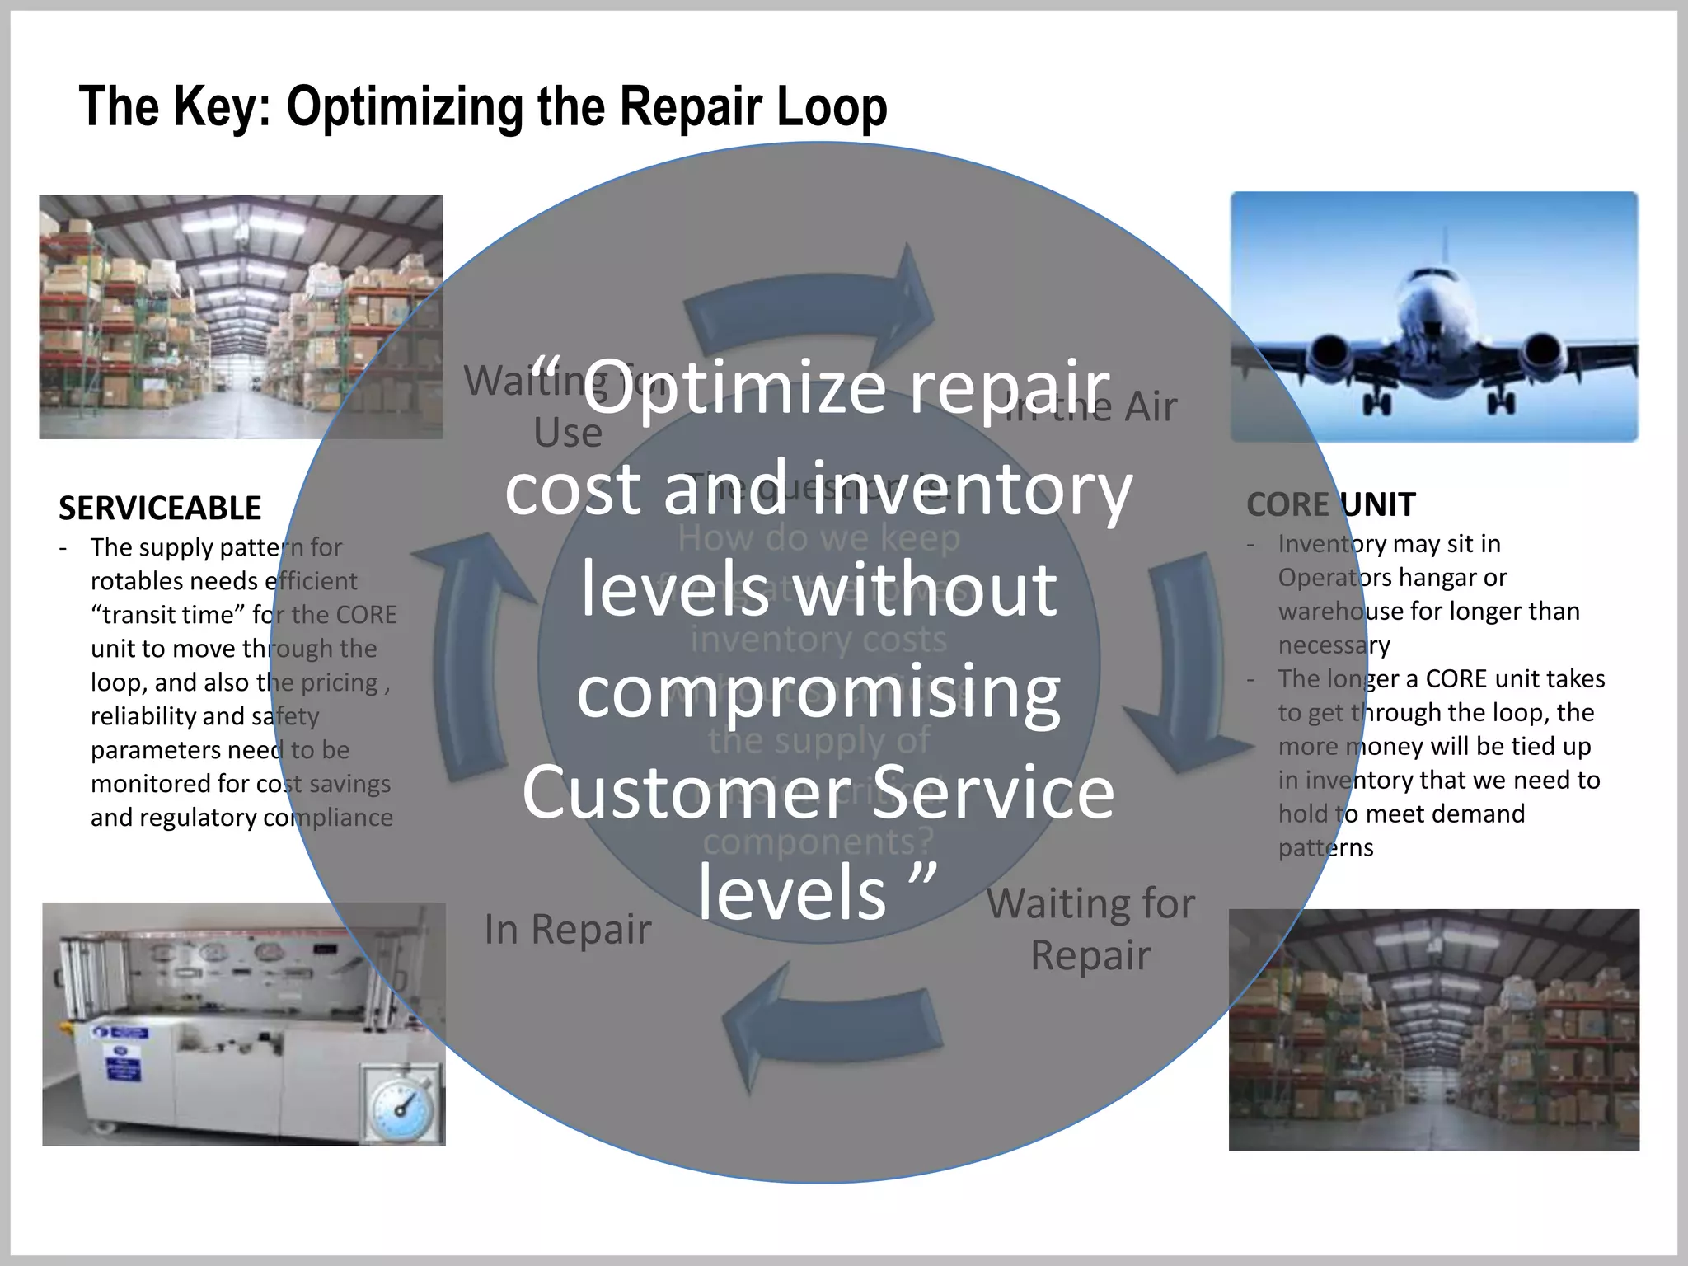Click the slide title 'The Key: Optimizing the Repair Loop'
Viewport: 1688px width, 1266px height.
(x=482, y=107)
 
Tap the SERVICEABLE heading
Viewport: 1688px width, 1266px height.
(x=160, y=509)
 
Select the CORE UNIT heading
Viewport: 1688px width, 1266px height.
(x=1330, y=504)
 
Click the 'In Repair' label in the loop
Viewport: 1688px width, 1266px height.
(x=567, y=930)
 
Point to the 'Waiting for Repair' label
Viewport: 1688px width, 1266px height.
(x=1090, y=930)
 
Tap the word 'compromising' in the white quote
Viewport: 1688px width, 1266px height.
(x=818, y=692)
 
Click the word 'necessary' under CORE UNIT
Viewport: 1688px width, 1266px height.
(x=1334, y=645)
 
